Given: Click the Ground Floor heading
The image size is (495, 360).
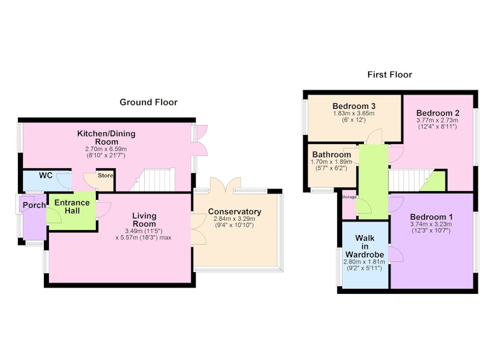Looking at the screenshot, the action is pos(148,102).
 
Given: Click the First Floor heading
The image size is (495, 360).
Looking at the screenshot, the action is pos(390,74).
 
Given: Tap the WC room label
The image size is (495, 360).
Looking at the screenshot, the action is pos(46,176).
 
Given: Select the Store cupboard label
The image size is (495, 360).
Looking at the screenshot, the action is pos(105,176).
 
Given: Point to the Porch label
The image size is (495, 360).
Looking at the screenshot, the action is pos(34,205).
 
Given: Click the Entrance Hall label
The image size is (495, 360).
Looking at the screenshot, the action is pos(72,207).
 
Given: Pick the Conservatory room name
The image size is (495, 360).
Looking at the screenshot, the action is pos(235,212).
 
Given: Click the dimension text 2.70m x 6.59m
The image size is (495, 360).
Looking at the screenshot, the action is pos(106,149).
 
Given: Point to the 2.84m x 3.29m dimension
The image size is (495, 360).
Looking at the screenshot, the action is pos(235,218).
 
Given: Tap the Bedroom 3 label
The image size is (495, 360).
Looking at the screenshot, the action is pos(354,106).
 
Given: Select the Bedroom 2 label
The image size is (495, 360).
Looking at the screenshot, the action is pos(437,113).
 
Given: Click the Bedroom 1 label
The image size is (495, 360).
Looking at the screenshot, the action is pos(431,216).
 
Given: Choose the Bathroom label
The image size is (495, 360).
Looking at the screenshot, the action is pos(332,155).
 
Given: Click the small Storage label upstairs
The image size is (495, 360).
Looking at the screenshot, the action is pos(349,197).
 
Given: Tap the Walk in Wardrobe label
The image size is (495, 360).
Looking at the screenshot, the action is pos(364,246).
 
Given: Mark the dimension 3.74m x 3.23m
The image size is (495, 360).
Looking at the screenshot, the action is pos(431,225).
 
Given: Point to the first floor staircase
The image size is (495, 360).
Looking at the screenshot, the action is pos(410,181).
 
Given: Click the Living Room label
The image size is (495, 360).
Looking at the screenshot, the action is pos(144,220).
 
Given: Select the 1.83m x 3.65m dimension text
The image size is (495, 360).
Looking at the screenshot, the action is pos(354,113).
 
